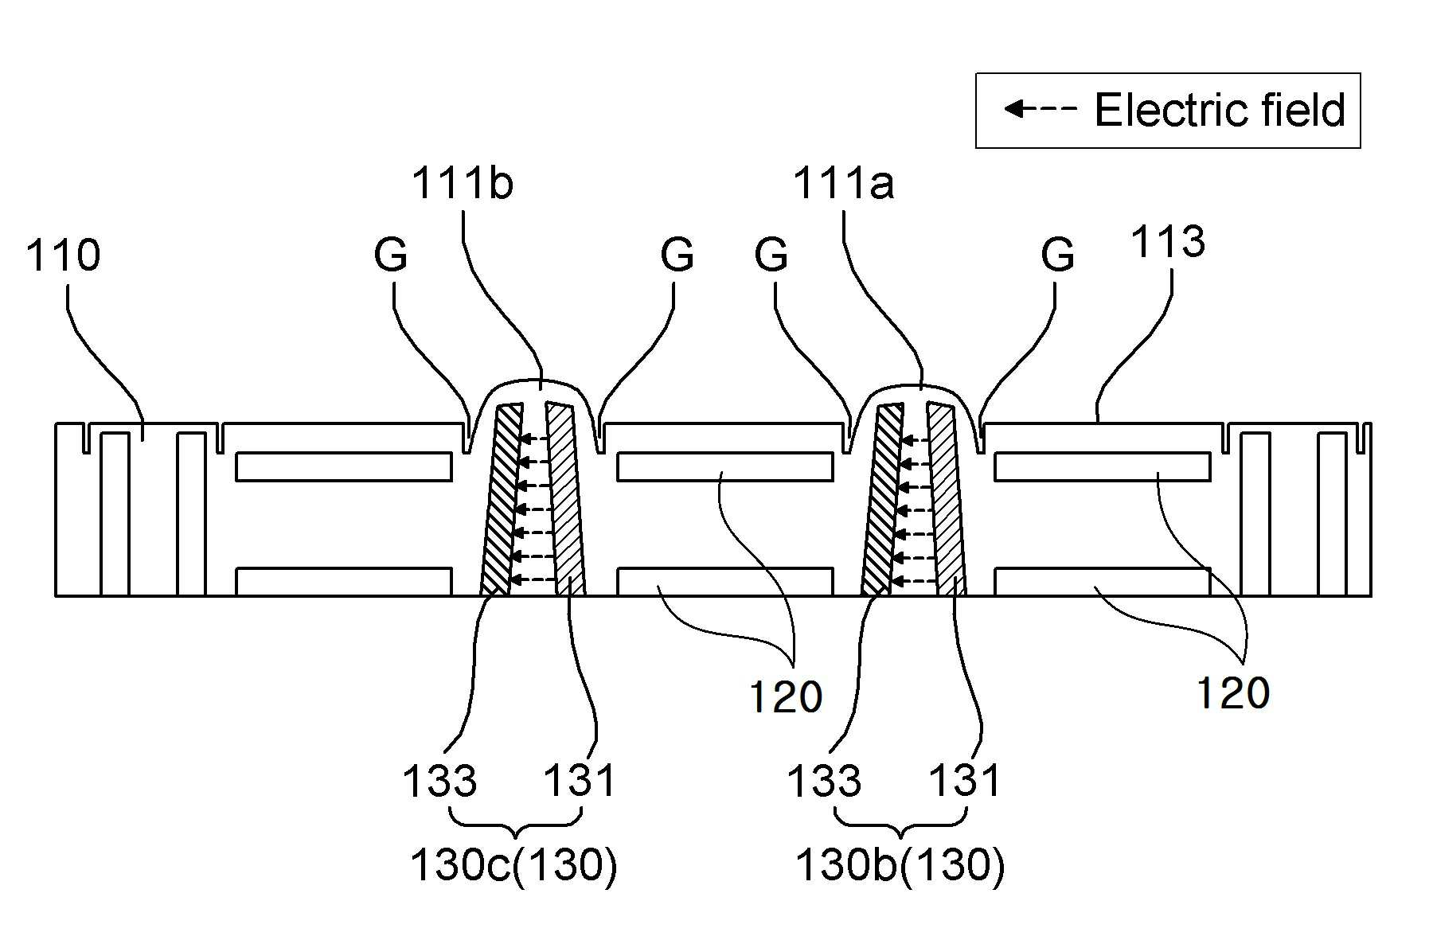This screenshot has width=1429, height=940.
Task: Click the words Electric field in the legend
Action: (x=1220, y=110)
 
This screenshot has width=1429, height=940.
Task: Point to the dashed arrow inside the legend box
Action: (x=1040, y=108)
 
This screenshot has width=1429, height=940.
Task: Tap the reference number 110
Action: (x=64, y=255)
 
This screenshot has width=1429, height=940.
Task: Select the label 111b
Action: (x=462, y=184)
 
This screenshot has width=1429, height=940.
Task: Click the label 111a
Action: (x=843, y=184)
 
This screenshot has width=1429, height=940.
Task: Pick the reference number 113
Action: (x=1168, y=242)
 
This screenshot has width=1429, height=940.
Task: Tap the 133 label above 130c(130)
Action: (x=439, y=781)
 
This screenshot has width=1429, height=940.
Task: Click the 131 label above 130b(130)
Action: (x=965, y=781)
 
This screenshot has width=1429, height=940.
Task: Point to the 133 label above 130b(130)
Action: (x=824, y=781)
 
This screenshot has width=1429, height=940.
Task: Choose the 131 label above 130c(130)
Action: (x=580, y=781)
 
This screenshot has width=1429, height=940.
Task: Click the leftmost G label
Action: (x=391, y=255)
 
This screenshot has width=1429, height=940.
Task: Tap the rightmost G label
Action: (x=1058, y=255)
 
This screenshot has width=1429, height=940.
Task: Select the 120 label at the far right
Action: (x=1233, y=692)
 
